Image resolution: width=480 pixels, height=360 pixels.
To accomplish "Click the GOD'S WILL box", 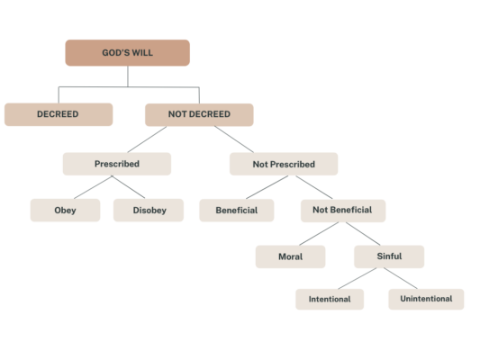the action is pos(127,52).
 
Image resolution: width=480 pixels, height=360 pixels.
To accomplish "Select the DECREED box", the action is pos(59,114).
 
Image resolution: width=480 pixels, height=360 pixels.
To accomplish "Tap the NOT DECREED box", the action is pos(199,114).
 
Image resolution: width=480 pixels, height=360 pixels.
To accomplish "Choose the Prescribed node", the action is pos(117,164).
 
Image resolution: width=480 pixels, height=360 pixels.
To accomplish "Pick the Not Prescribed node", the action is pos(284,164).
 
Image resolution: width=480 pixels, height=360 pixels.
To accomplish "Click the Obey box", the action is pos(65,211).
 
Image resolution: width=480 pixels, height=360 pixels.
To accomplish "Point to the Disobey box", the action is pos(149,211).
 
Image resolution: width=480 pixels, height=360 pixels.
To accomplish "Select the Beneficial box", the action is pos(237,211).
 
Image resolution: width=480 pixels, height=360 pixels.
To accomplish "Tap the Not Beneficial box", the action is pos(343,211).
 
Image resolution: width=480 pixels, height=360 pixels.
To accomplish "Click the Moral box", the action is pos(291,256).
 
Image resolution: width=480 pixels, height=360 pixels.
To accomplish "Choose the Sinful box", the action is pos(389,256).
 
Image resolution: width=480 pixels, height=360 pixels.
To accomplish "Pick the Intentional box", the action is pos(330,299).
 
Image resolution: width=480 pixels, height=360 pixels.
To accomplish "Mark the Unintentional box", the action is pos(426,299).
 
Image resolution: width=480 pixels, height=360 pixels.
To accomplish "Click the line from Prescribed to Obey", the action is pos(93,187).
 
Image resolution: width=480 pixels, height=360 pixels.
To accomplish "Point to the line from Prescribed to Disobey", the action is pos(128,187).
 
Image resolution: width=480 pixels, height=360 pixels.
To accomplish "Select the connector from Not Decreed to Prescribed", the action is pos(148,139).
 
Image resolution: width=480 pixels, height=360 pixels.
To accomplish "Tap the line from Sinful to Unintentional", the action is pos(401,278).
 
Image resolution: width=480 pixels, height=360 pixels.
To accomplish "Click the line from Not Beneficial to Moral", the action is pos(319,234).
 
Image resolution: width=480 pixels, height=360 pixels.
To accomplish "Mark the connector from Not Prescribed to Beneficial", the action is pos(267,187).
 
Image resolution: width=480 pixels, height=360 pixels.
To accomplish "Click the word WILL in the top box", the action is pos(142,53).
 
